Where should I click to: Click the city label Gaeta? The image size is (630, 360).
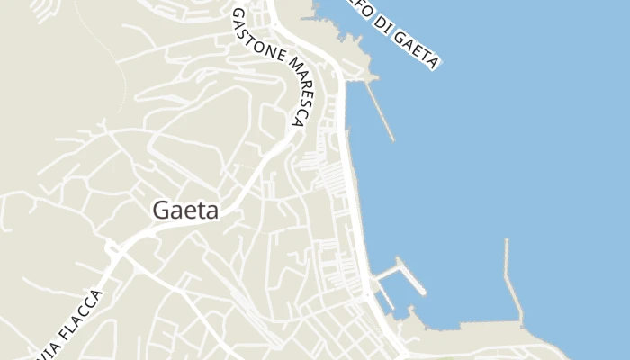click(x=186, y=209)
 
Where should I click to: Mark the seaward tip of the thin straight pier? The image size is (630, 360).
click(x=393, y=139)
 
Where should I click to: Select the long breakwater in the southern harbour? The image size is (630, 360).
click(x=512, y=279)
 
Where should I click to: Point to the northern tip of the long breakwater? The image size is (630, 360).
click(x=507, y=241)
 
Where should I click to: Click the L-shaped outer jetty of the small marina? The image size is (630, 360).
click(x=409, y=279)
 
